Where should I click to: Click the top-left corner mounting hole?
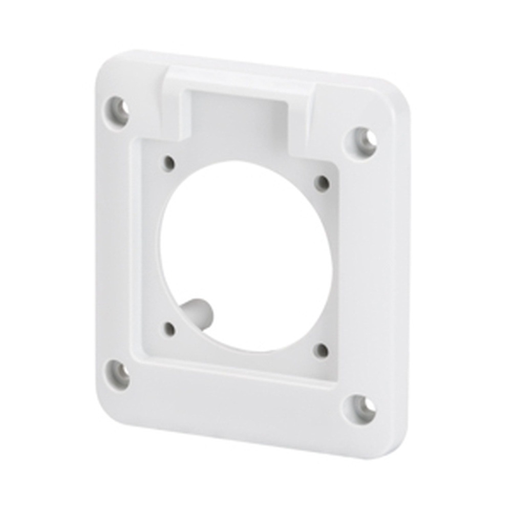(118, 109)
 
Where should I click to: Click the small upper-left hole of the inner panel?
(169, 164)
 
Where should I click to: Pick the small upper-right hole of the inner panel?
(322, 183)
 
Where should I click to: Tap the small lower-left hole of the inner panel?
(169, 329)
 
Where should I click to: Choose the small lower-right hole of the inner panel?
(321, 350)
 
